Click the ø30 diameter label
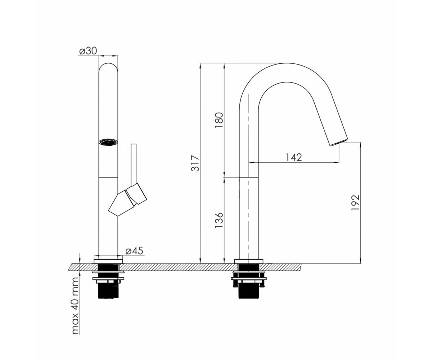tap(88, 51)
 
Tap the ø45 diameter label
tap(134, 251)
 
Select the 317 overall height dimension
tap(195, 163)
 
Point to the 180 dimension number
tap(219, 120)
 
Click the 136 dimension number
tap(219, 220)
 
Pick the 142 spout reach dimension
tap(294, 157)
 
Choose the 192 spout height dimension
tap(356, 203)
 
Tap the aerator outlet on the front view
tap(108, 143)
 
